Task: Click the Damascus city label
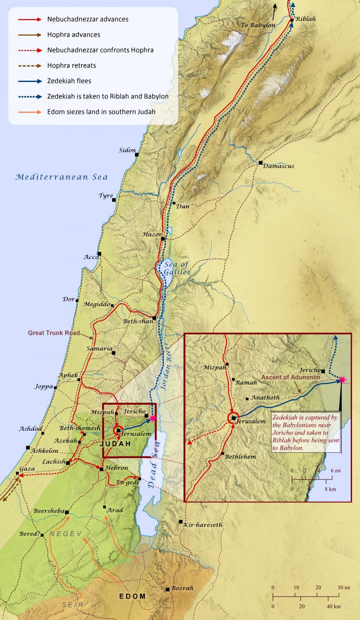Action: coord(278,166)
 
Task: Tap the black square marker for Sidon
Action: coord(137,154)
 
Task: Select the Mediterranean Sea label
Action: coord(61,177)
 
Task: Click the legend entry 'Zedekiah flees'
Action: coord(69,81)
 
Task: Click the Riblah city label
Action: coord(306,19)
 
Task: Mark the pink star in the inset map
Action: coord(342,380)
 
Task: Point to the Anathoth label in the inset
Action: coord(265,397)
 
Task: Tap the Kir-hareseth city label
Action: coord(203,524)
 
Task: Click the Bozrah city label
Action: coord(182,588)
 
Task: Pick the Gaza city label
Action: coord(28,469)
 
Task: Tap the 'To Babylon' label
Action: coord(258,25)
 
